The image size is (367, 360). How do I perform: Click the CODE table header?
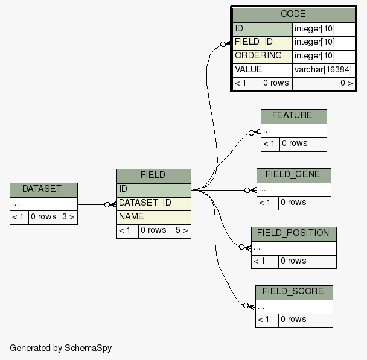293,14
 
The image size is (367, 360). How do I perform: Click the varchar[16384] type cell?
324,69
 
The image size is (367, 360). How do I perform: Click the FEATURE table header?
293,116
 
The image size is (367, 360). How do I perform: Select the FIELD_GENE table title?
293,175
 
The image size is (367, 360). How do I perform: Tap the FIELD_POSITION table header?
293,233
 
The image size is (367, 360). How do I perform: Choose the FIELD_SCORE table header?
293,292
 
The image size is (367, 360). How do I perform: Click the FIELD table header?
153,175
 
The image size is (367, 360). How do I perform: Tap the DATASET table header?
43,189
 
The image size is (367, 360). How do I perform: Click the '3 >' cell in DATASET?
68,217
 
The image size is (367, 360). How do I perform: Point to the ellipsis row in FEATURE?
293,130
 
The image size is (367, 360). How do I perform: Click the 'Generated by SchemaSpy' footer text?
60,348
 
